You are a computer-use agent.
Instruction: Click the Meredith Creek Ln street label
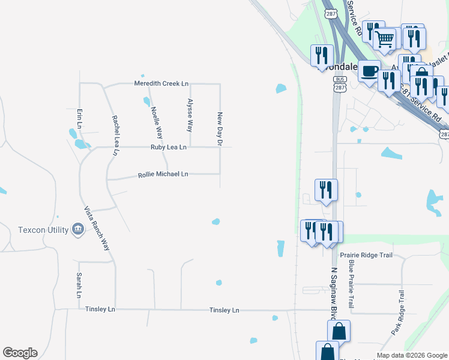coord(161,83)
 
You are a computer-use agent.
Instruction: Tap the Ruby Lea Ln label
coord(168,147)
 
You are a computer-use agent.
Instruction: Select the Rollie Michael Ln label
coord(163,174)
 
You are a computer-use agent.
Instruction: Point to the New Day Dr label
coord(220,128)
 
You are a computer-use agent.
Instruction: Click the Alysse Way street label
coord(190,115)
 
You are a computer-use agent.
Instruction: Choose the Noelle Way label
coord(157,122)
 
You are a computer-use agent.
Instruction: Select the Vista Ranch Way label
coord(97,229)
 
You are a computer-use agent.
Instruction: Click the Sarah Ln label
coord(79,286)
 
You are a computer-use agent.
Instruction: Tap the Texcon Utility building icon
coord(77,229)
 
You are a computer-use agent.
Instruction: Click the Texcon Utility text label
coord(44,230)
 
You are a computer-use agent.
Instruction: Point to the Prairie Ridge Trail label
coord(366,256)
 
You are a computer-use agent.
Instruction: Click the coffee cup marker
coord(369,70)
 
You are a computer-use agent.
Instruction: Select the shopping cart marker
coord(384,39)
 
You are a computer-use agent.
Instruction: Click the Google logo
coord(20,353)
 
